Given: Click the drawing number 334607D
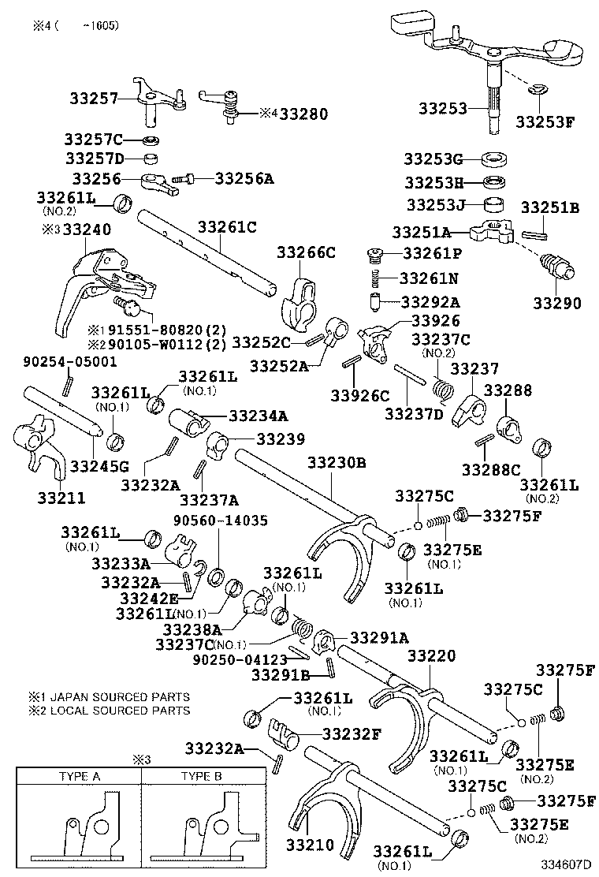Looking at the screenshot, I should coord(567,864).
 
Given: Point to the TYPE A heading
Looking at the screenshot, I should coord(80,776).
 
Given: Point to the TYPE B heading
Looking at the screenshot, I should coord(201,776).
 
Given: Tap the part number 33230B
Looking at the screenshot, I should coord(337,463).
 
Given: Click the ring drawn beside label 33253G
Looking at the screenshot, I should coord(493,158).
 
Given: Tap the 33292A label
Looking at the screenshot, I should coord(433,301).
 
